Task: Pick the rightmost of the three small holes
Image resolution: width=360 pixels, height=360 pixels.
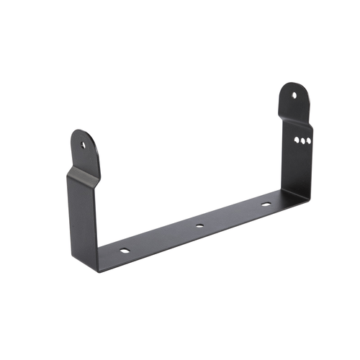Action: click(309, 142)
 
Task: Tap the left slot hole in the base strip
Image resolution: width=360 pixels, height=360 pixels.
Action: click(125, 252)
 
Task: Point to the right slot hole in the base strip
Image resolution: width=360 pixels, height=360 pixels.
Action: click(266, 204)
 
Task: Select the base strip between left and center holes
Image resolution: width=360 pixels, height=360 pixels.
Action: click(162, 240)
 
